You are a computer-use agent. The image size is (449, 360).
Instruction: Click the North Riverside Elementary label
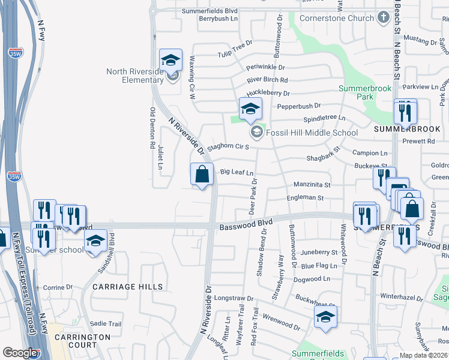(x=134, y=76)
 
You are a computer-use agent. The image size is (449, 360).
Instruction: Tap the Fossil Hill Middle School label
(x=312, y=133)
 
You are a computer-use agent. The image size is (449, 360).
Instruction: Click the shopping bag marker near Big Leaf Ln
(x=202, y=175)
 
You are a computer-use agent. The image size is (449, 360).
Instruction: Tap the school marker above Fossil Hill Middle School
(x=250, y=109)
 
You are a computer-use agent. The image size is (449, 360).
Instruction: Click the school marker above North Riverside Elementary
(x=170, y=60)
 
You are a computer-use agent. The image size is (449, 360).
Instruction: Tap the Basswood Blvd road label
(x=246, y=225)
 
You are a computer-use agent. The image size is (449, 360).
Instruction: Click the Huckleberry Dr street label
(x=268, y=93)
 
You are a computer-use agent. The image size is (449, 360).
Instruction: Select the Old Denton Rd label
(x=152, y=128)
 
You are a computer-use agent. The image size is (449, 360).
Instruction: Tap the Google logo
(x=20, y=353)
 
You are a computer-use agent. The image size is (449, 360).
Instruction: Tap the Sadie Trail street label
(x=106, y=323)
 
